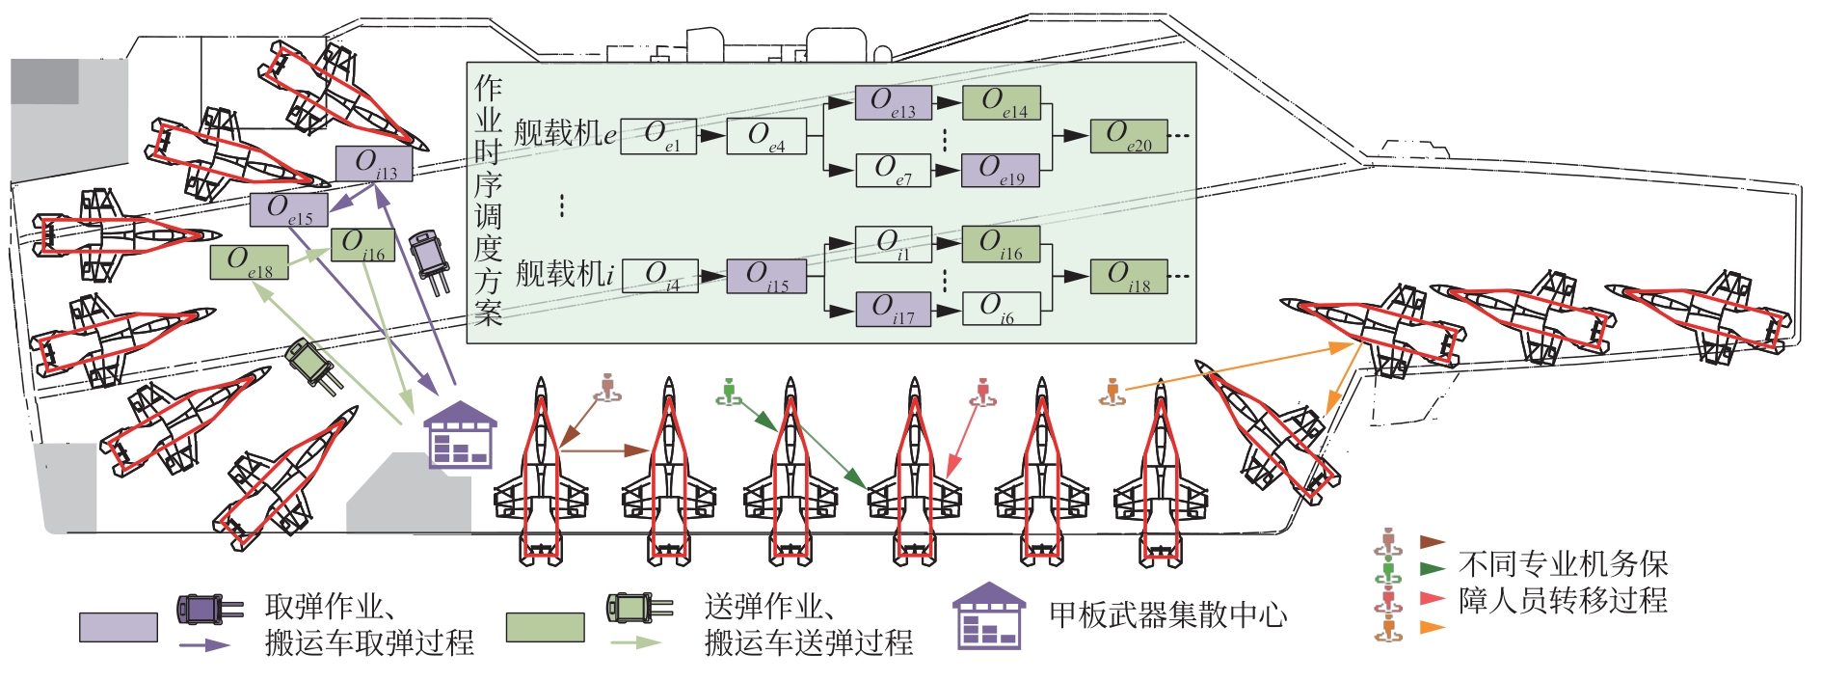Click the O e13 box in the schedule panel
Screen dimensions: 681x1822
893,103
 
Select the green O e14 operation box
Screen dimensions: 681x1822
1001,103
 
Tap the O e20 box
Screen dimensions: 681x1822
1128,136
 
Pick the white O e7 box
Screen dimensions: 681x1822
893,170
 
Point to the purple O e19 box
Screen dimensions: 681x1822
1001,170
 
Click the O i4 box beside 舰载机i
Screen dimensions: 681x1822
660,276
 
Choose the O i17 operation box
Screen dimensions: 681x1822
893,310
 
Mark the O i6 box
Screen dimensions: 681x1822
1001,309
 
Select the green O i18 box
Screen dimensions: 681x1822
1128,277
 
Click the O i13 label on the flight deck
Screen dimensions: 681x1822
374,164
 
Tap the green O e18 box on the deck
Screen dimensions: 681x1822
249,262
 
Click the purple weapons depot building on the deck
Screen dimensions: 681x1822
460,435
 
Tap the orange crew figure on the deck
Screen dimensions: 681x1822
1112,393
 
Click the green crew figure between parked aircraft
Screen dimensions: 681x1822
729,393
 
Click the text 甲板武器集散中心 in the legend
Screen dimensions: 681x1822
1167,615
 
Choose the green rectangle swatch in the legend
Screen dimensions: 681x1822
545,627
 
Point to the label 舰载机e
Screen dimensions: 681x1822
565,134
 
